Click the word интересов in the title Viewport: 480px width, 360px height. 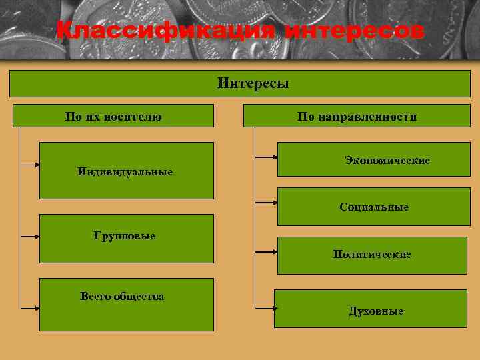pyautogui.click(x=353, y=31)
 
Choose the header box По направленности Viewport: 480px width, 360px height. pyautogui.click(x=357, y=116)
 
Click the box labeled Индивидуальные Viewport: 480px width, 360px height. pyautogui.click(x=126, y=171)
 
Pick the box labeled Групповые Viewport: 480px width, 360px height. pyautogui.click(x=126, y=238)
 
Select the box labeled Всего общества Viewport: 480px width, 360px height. pyautogui.click(x=126, y=304)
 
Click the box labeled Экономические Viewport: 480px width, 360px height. pyautogui.click(x=373, y=159)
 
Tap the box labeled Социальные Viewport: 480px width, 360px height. pyautogui.click(x=373, y=207)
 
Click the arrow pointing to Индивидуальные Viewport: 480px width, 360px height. pyautogui.click(x=31, y=162)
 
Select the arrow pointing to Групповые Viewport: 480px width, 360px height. pyautogui.click(x=31, y=236)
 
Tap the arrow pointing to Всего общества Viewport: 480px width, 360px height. pyautogui.click(x=31, y=308)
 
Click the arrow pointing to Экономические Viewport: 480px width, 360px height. pyautogui.click(x=267, y=157)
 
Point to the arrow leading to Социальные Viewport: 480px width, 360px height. pyautogui.click(x=267, y=201)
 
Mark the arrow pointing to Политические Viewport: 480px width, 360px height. pyautogui.click(x=267, y=252)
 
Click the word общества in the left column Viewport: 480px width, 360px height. pyautogui.click(x=141, y=296)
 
